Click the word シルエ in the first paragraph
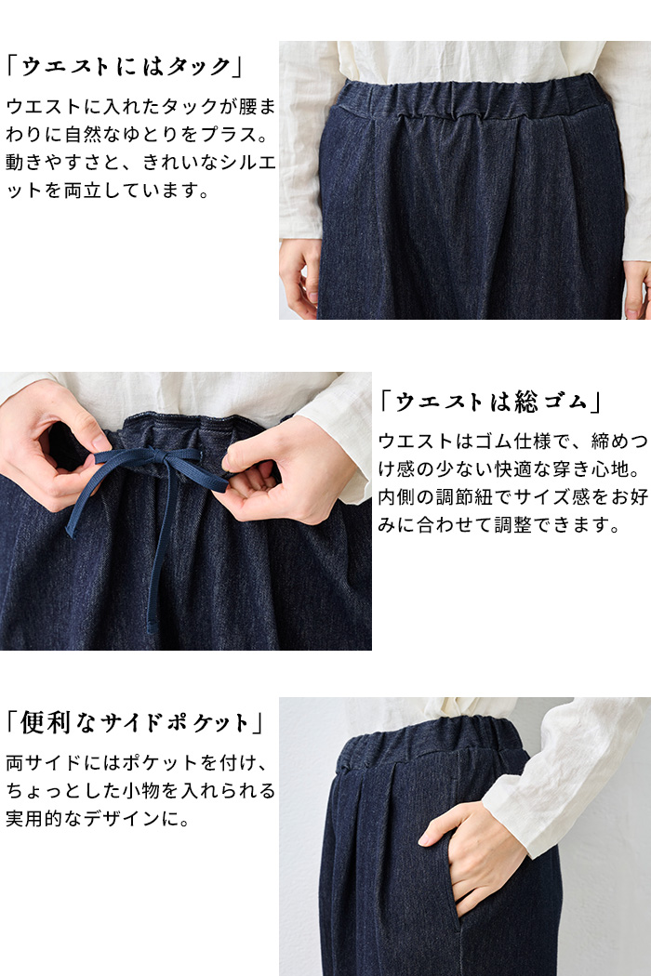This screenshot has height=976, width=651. tap(243, 163)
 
